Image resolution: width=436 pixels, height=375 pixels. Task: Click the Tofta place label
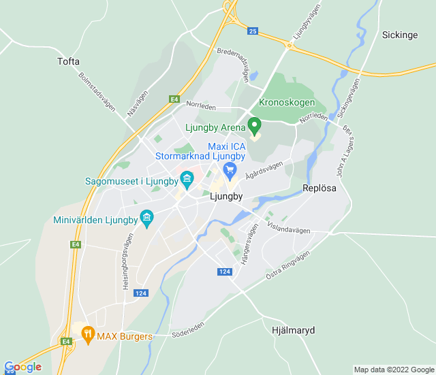[68, 61]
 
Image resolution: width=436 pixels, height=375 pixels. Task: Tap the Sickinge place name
[399, 35]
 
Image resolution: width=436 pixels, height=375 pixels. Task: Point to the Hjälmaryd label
[293, 330]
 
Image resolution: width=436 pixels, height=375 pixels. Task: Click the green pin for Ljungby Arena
[254, 126]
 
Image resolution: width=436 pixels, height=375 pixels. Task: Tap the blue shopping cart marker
[230, 169]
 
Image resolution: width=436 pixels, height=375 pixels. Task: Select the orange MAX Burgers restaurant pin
[87, 333]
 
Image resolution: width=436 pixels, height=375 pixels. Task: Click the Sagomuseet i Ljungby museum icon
[187, 180]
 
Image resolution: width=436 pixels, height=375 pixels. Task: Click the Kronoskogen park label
[287, 103]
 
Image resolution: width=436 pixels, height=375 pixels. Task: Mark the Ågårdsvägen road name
[264, 175]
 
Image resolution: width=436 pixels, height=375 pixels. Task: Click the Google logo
[22, 367]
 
